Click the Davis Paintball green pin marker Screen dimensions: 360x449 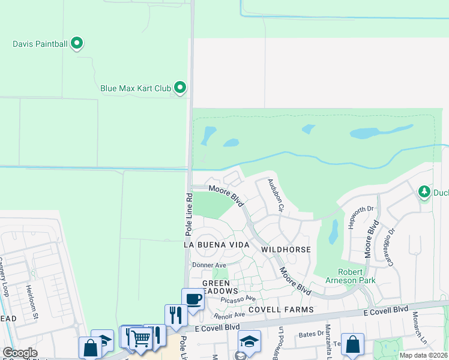(x=77, y=43)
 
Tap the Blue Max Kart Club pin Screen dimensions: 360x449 (x=180, y=88)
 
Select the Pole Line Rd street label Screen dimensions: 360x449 (x=188, y=214)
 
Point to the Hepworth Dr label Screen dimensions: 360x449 (x=361, y=218)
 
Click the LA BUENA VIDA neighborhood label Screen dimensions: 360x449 (x=215, y=245)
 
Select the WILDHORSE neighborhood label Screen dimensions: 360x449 (x=286, y=249)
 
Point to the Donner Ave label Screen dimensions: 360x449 (x=209, y=265)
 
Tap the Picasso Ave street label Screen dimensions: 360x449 (x=238, y=298)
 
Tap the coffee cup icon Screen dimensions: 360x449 (x=193, y=299)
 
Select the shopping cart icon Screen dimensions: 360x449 (x=140, y=338)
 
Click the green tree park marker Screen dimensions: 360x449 (x=425, y=191)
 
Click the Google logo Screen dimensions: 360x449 (x=20, y=353)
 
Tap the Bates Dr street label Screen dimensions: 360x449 (x=311, y=334)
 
